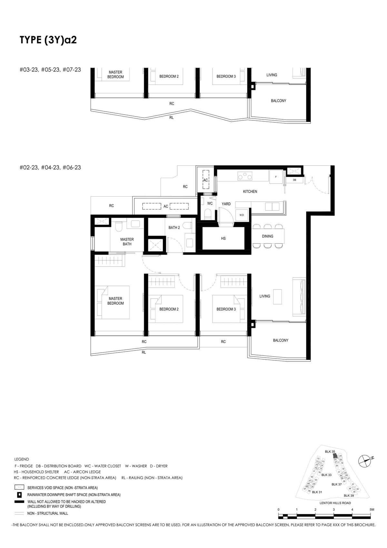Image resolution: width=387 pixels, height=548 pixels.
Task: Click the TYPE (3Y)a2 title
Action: click(48, 40)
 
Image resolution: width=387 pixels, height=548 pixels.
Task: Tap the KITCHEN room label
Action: click(250, 191)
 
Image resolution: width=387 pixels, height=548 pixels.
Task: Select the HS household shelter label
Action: click(223, 238)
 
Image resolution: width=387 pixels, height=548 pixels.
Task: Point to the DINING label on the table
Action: click(267, 236)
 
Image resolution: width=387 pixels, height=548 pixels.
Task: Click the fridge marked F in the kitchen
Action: click(276, 177)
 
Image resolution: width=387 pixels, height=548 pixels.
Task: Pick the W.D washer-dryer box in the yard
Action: click(242, 215)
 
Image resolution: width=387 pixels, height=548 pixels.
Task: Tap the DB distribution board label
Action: click(294, 180)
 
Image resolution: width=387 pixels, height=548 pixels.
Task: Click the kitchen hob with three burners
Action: click(245, 176)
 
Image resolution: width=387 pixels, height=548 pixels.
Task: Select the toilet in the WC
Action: click(208, 214)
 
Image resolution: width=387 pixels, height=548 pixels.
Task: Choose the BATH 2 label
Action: click(174, 228)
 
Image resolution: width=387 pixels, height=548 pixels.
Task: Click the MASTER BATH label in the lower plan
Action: click(127, 242)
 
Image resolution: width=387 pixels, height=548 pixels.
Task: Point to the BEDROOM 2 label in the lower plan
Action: click(169, 309)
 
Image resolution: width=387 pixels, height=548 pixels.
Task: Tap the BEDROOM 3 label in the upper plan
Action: click(226, 76)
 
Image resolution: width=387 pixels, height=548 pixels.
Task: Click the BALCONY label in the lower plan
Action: click(281, 340)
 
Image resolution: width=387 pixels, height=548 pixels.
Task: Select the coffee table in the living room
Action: click(277, 297)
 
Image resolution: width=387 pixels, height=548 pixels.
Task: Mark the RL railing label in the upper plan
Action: click(172, 118)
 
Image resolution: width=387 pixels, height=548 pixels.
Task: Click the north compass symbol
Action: click(365, 461)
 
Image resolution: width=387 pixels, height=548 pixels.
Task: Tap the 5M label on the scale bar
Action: click(372, 509)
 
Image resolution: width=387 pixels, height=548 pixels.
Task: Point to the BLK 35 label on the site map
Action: click(330, 452)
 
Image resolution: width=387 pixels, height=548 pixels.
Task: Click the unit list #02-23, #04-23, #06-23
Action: click(50, 167)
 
